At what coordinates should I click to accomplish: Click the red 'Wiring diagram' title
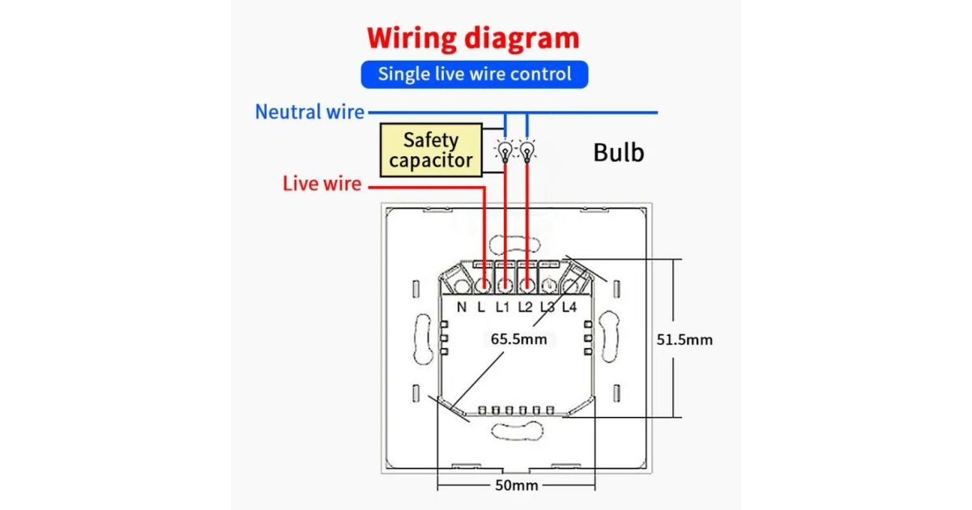pos(473,38)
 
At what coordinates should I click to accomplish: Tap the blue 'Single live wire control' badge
pos(474,74)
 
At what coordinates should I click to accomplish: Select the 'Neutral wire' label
pos(309,112)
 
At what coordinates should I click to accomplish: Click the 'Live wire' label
pos(322,184)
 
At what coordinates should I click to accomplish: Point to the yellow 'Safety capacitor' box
pos(430,150)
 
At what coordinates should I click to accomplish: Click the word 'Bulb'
pos(619,152)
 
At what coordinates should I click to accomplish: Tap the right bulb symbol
pos(527,151)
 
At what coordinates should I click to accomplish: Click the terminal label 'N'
pos(462,308)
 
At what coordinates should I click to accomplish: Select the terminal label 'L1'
pos(503,308)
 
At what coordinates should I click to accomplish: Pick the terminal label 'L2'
pos(526,308)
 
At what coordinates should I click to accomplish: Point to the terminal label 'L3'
pos(548,308)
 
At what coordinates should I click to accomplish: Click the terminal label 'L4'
pos(569,308)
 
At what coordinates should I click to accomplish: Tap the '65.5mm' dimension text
pos(518,339)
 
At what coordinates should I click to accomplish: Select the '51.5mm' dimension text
pos(684,339)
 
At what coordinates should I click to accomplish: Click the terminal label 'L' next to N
pos(481,308)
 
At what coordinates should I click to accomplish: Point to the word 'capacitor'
pos(430,160)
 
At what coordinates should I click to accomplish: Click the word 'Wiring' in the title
pos(411,38)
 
